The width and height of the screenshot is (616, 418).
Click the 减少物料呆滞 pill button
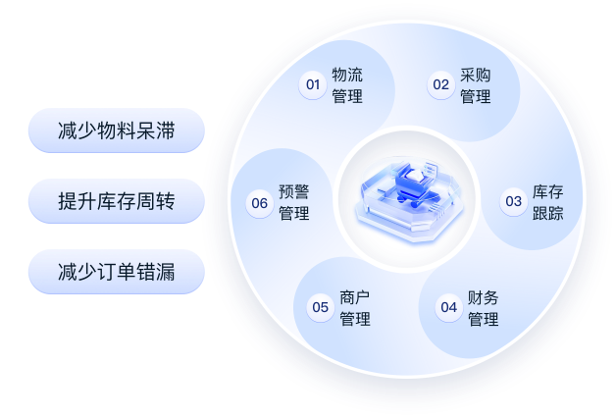pos(116,131)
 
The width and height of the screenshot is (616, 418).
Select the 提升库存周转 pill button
pos(116,201)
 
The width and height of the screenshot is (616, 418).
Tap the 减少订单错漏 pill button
pos(116,272)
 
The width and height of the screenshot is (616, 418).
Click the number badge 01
pos(313,84)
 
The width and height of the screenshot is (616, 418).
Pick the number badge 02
pos(440,84)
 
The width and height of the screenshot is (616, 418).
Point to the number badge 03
pos(513,202)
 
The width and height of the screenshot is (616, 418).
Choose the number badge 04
pos(448,308)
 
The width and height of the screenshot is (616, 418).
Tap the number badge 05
pos(320,308)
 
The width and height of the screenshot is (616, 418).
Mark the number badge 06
pos(259,203)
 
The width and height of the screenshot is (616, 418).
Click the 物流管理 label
pos(347,85)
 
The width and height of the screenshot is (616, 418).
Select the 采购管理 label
pos(475,85)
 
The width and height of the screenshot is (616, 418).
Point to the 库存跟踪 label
pos(548,202)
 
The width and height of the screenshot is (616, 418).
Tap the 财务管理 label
pos(483,308)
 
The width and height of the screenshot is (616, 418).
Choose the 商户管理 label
pos(354,308)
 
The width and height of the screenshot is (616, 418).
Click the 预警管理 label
pos(293,203)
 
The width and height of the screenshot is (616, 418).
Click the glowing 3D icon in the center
pos(405,195)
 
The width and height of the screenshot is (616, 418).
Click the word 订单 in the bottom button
pos(117,272)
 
